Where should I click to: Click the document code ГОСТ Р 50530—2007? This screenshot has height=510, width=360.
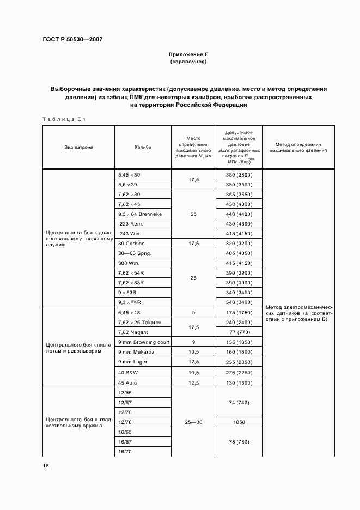(x=72, y=39)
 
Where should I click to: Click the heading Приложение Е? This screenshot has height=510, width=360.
(x=188, y=55)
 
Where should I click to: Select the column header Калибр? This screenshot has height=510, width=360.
(x=143, y=147)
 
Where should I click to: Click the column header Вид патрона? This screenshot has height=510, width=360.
(x=79, y=147)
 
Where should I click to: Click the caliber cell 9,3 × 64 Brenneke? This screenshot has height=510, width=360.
(x=140, y=214)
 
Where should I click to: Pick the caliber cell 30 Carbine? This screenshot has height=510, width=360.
(x=131, y=244)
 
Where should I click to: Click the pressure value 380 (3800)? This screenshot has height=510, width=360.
(x=239, y=175)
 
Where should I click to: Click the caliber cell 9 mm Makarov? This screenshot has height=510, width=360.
(x=136, y=352)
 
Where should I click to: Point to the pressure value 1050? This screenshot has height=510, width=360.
(x=239, y=422)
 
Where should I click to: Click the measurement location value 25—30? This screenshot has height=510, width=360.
(x=193, y=422)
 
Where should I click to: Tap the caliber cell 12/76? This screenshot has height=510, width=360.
(x=125, y=422)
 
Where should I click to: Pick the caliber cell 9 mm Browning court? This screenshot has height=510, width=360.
(x=144, y=342)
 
